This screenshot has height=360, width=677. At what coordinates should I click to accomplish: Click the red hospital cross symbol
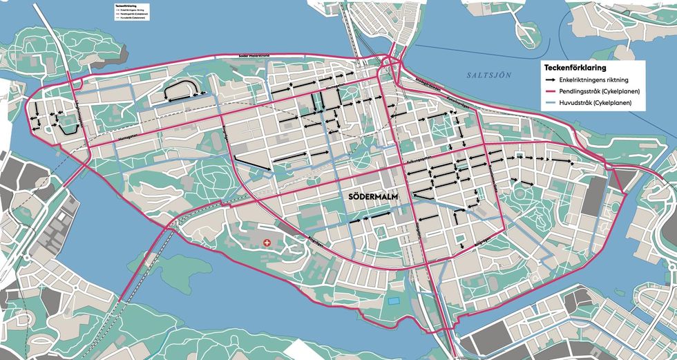point(268,242)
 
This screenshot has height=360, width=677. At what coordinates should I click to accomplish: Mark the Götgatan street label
point(419,231)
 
